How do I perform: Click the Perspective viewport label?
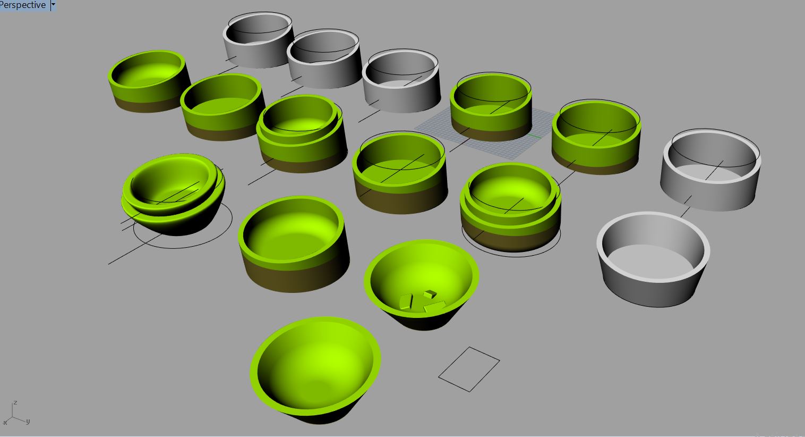click(x=23, y=5)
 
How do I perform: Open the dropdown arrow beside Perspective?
click(x=53, y=5)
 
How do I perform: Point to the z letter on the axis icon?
click(x=15, y=403)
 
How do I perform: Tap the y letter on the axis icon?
click(x=28, y=422)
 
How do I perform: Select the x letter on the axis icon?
click(x=5, y=423)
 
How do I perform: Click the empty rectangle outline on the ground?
click(x=469, y=369)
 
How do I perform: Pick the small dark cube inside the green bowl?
click(x=430, y=294)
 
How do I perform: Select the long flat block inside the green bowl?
click(x=435, y=306)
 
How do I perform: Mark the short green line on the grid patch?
click(x=534, y=136)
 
